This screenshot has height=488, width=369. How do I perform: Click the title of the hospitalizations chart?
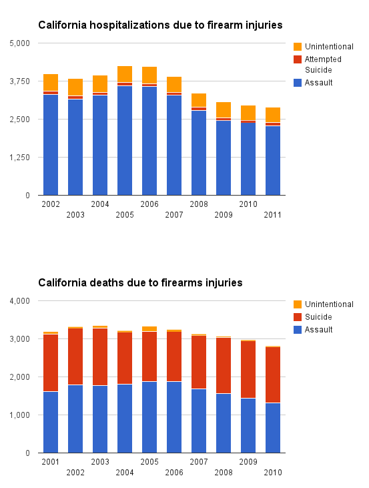coord(160,25)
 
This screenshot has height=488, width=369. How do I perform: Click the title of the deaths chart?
coord(140,282)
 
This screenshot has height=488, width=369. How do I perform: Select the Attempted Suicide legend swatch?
coord(298,59)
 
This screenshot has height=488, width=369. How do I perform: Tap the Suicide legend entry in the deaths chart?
coord(318,317)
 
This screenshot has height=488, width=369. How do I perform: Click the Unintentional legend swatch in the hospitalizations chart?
coord(298,46)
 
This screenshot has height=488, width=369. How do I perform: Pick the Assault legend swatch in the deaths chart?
coord(298,330)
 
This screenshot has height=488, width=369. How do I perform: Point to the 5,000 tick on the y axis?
coord(19,43)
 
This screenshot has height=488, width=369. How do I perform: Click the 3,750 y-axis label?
coord(19,81)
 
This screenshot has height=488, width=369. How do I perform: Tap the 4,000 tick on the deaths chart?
coord(19,301)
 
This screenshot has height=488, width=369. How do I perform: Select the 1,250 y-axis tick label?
coord(19,158)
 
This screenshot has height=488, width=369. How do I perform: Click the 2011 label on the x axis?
coord(272,215)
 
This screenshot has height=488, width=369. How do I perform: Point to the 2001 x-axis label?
coord(51,462)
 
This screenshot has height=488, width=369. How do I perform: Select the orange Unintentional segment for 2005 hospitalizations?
coord(125,74)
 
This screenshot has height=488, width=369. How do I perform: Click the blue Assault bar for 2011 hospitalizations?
coord(273,161)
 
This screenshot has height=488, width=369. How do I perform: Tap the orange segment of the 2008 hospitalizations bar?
coord(199,100)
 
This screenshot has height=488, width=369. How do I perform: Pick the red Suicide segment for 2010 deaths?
coord(273,375)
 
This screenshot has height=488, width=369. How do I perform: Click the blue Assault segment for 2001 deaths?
coord(51,423)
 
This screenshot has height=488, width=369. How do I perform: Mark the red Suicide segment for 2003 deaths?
coord(100,357)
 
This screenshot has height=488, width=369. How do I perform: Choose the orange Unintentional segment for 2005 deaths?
coord(149,329)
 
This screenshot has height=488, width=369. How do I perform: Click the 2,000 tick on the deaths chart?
coord(19,377)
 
